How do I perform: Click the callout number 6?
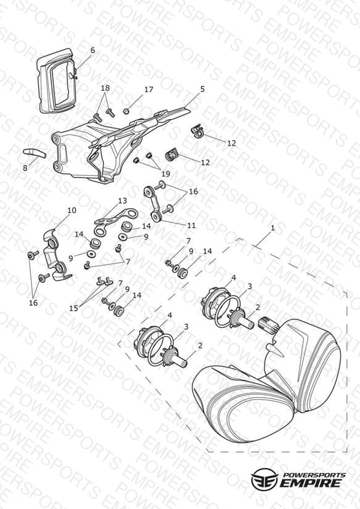[x=93, y=50]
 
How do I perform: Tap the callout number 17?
[x=149, y=90]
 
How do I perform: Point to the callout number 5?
[x=203, y=89]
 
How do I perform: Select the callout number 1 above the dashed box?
[x=273, y=228]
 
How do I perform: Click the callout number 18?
[x=105, y=88]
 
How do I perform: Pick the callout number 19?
[x=165, y=174]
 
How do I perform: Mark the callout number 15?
[x=73, y=308]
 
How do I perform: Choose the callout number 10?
[x=72, y=211]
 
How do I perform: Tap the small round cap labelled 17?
[x=127, y=111]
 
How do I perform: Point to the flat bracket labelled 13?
[x=116, y=218]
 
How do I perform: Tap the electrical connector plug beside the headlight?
[x=267, y=326]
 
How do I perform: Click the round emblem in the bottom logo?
[x=264, y=479]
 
